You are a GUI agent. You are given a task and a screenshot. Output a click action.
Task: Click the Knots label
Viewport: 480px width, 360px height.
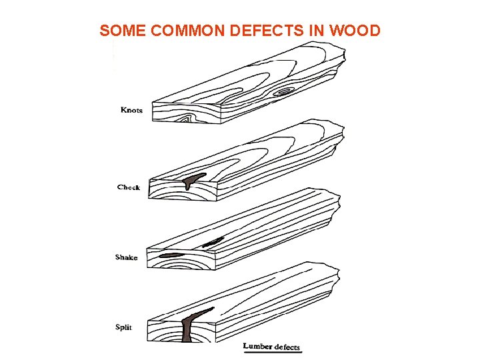coord(131,110)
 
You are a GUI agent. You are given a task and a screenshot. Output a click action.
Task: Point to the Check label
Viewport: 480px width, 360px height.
coord(129,187)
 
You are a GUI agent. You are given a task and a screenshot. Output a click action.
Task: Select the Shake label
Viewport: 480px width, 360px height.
coord(127,257)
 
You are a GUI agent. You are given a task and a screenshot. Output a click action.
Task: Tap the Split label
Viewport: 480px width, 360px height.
coord(123,327)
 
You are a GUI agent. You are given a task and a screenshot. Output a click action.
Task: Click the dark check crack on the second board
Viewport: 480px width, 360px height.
coord(193,179)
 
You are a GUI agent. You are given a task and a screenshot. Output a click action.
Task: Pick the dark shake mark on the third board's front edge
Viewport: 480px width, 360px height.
coord(171,255)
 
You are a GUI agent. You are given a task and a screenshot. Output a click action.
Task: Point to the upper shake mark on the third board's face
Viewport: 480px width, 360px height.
coord(213,242)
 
